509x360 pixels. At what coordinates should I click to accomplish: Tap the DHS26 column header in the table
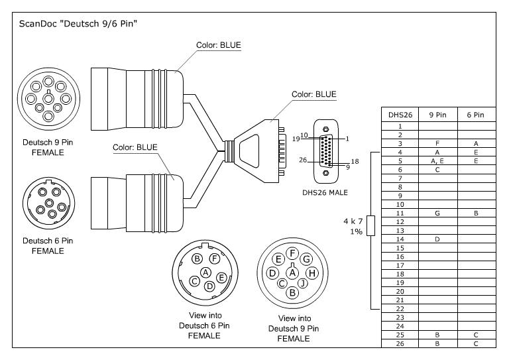tap(400, 115)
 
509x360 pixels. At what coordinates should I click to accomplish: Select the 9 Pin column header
tap(438, 115)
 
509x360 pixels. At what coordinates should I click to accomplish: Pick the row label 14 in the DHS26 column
tap(400, 239)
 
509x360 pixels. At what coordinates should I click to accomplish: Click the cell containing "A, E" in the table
tap(438, 160)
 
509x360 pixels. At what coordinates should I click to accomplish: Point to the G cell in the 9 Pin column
tap(438, 213)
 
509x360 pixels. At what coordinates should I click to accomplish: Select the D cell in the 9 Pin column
tap(438, 239)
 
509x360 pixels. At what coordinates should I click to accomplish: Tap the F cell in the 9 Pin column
tap(438, 143)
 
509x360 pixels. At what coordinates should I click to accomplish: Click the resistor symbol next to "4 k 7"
tap(370, 225)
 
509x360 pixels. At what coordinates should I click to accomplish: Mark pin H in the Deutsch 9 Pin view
tap(313, 272)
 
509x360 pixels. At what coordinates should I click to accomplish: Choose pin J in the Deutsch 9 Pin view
tap(303, 284)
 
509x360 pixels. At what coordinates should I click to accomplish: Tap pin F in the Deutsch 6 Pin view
tap(214, 259)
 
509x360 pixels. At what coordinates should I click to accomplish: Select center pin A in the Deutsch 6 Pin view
tap(205, 272)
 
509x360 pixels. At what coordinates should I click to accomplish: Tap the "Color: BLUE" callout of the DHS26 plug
tap(314, 95)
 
